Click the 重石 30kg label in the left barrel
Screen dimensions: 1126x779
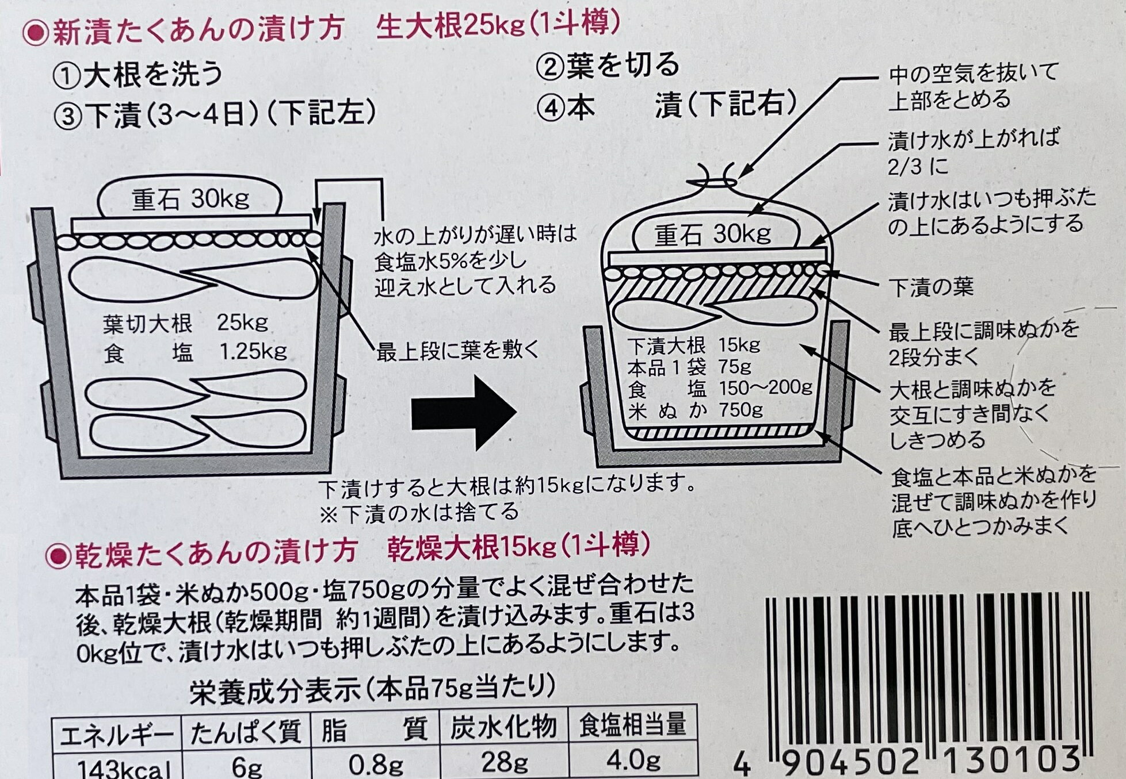coord(190,199)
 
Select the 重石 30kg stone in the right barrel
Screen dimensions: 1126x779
coord(716,235)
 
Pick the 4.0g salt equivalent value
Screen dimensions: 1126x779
coord(633,760)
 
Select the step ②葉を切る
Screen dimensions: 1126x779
coord(608,66)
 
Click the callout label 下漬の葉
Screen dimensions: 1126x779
coord(930,287)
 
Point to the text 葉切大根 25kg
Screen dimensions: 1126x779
coord(185,324)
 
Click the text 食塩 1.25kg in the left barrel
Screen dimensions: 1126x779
coord(194,351)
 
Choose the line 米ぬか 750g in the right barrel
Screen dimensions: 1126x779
coord(696,410)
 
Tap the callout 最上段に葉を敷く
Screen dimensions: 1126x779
coord(458,350)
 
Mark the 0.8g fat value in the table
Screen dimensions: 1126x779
coord(375,764)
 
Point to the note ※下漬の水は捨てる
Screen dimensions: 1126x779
coord(419,512)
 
